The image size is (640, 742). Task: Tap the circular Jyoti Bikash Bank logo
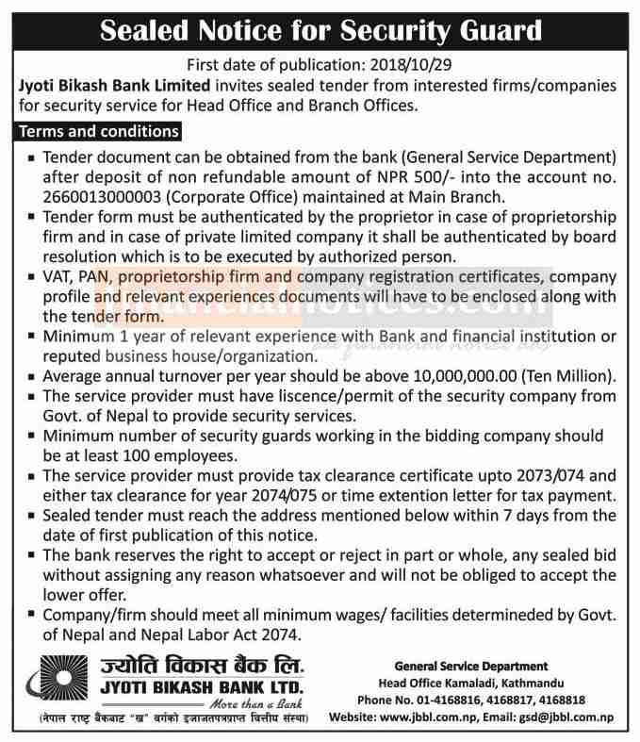tap(52, 684)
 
